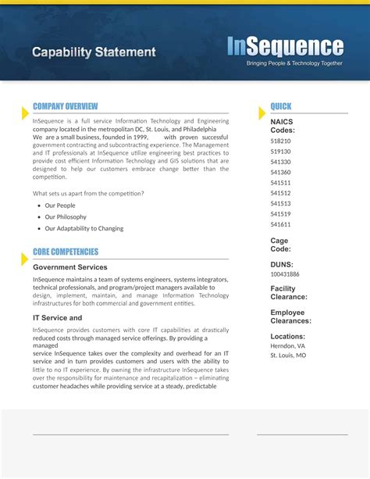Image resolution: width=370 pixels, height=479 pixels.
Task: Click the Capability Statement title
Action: (94, 52)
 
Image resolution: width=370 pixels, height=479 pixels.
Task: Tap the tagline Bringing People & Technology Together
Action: (294, 63)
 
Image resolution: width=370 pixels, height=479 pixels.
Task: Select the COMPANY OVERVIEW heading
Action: (66, 106)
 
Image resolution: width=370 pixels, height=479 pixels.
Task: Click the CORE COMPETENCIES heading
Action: (66, 252)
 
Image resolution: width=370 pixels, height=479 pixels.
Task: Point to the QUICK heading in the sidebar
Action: (281, 106)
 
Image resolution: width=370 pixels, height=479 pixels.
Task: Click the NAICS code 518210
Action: (281, 141)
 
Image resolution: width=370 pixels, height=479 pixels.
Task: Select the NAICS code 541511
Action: (281, 183)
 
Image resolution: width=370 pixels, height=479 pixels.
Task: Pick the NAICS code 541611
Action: (281, 224)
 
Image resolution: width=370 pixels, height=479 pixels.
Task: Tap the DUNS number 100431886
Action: (285, 274)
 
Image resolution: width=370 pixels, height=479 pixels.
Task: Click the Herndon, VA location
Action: (287, 345)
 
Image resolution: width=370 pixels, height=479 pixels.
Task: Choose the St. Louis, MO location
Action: (288, 356)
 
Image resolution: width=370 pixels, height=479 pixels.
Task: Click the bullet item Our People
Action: (60, 206)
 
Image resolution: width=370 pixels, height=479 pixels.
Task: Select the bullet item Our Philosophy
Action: (66, 217)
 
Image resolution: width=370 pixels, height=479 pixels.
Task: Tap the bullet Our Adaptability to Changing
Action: (84, 229)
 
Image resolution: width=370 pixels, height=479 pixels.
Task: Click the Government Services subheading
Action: (70, 267)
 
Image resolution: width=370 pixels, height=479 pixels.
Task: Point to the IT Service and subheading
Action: (57, 318)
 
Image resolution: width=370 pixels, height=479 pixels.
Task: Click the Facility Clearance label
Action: (289, 292)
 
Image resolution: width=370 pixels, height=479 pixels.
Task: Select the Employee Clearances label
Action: (290, 316)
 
